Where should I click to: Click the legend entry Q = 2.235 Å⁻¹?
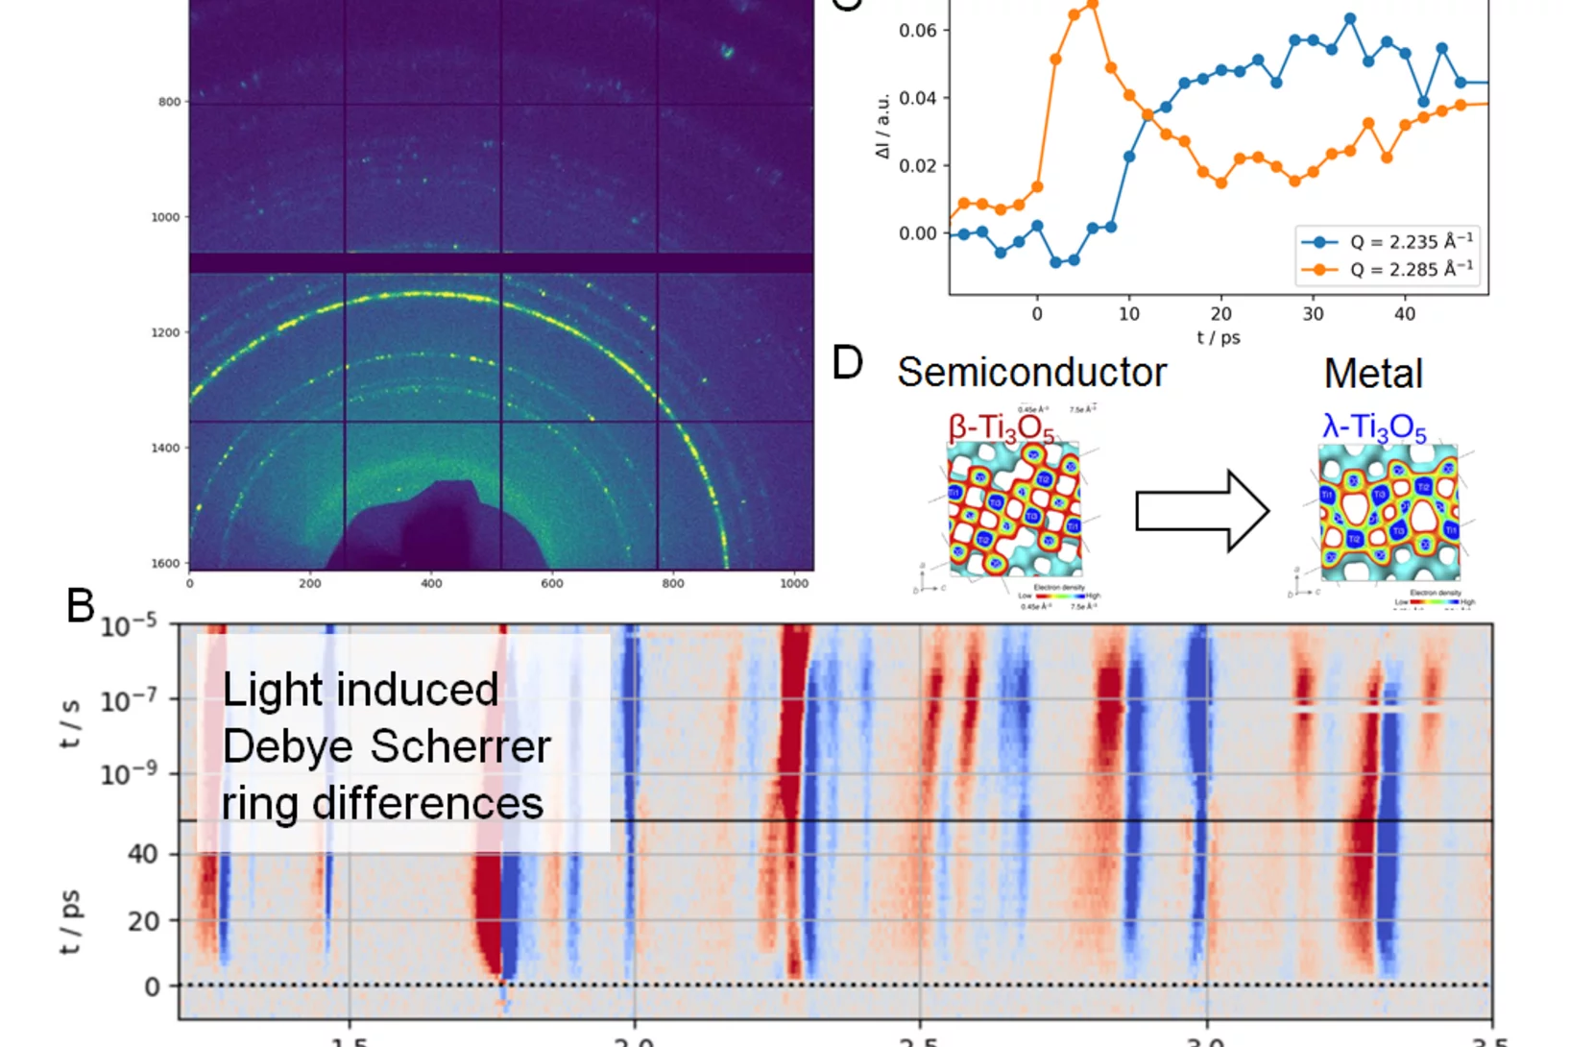(1410, 242)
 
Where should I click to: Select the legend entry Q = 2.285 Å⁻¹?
(1410, 270)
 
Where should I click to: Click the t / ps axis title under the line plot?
(1218, 338)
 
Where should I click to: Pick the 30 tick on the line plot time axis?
(1313, 314)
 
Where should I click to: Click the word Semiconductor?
(1031, 373)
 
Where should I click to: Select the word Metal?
(1373, 374)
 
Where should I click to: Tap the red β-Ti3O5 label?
(1001, 429)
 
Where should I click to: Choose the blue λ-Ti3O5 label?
(1374, 428)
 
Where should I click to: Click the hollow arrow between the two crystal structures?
(1202, 511)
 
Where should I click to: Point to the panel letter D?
(847, 363)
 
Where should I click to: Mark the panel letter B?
(81, 606)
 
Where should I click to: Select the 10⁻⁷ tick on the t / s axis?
(129, 700)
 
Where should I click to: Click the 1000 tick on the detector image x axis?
(793, 583)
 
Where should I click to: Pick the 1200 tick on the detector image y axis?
(165, 332)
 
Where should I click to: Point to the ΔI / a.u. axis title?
(882, 126)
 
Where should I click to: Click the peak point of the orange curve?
(1092, 6)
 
